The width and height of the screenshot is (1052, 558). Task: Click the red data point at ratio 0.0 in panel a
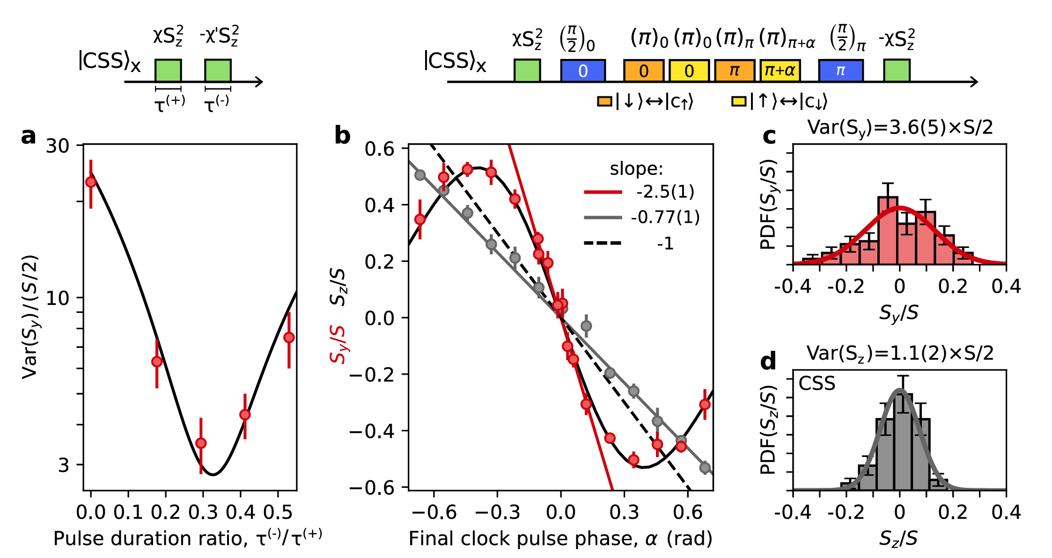coord(91,181)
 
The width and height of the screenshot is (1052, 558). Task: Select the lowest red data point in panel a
coord(201,443)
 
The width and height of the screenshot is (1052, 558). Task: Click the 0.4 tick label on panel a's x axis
coord(240,513)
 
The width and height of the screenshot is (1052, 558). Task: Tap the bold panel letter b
coord(342,136)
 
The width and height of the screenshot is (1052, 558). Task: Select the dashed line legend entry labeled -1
coord(665,244)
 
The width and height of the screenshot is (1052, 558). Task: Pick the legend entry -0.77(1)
coord(665,217)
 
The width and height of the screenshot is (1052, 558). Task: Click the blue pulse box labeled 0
coord(583,71)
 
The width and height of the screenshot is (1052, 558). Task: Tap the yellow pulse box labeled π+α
coord(780,71)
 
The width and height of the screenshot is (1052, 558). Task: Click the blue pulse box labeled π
coord(840,71)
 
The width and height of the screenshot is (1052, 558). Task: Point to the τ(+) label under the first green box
coord(169,103)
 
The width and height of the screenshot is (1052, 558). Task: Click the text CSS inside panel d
coord(817,384)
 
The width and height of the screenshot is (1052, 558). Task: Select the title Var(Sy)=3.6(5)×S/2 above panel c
coord(900,127)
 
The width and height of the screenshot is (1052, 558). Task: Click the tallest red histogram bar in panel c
coord(888,232)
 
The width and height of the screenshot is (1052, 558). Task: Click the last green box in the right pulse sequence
coord(897,71)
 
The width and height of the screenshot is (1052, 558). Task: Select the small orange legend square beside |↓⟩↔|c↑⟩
coord(604,101)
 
